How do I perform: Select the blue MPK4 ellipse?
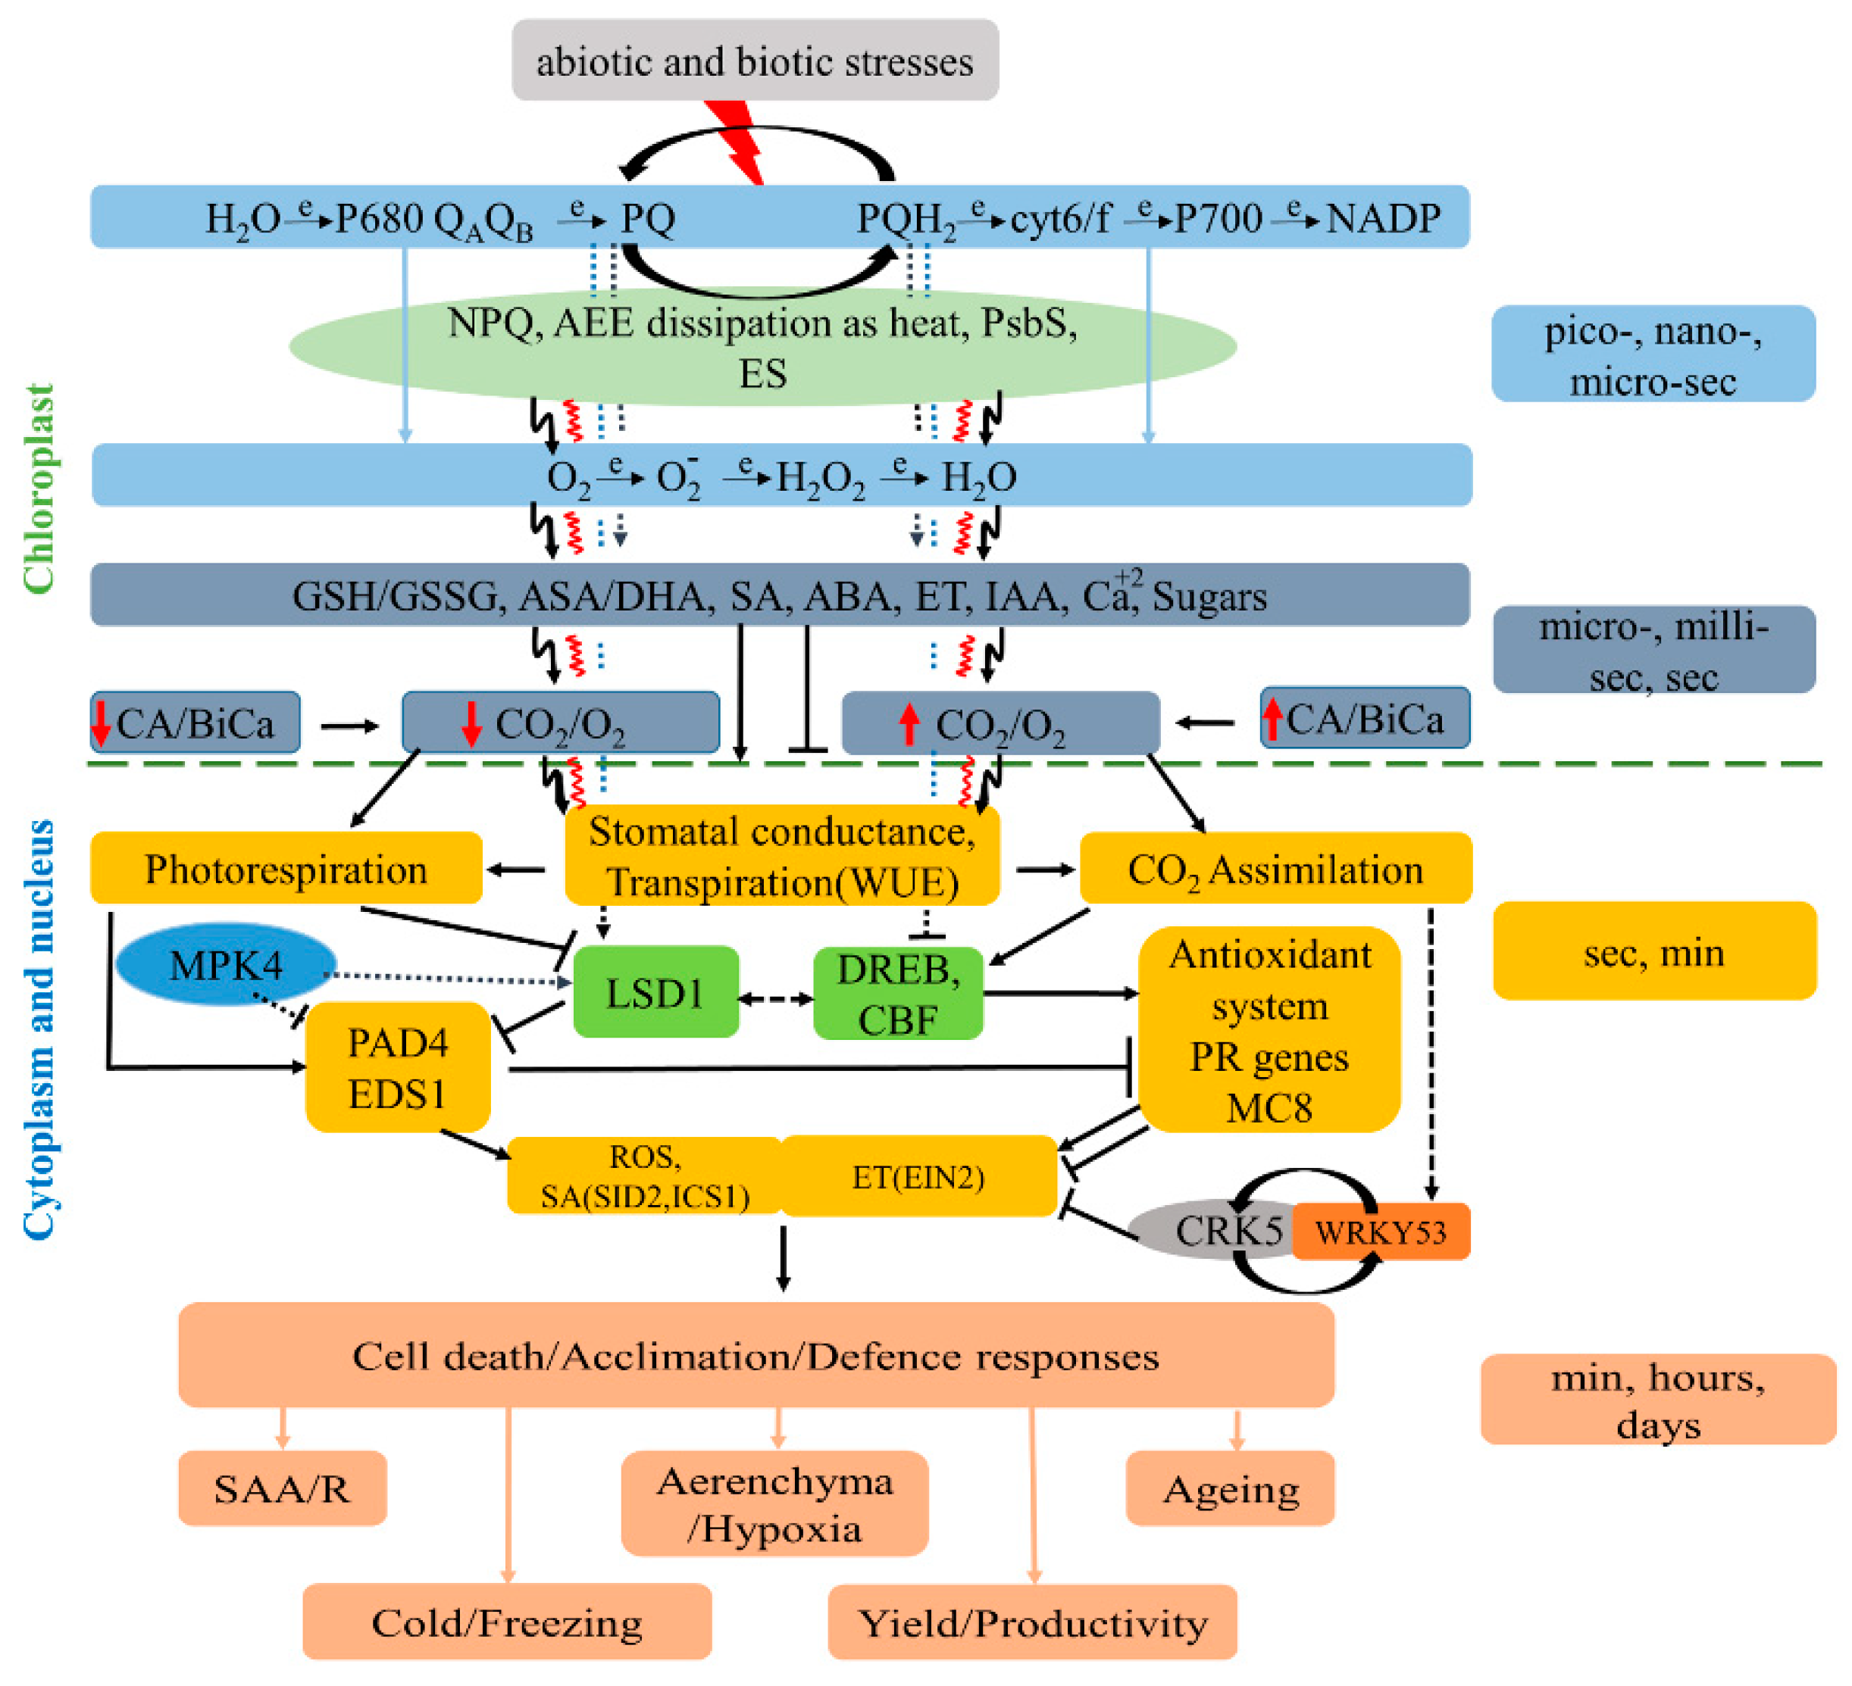coord(225,964)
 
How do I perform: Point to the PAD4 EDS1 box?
coord(397,1067)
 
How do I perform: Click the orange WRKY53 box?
coord(1380,1232)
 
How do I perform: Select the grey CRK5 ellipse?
coord(1212,1231)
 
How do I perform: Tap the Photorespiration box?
coord(286,869)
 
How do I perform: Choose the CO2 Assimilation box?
coord(1275,869)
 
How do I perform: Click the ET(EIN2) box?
coord(918,1176)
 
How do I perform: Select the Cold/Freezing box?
coord(506,1622)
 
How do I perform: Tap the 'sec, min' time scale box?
coord(1653,952)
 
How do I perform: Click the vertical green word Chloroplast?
coord(39,489)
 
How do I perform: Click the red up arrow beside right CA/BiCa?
coord(1272,719)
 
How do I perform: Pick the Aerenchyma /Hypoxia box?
coord(774,1504)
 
